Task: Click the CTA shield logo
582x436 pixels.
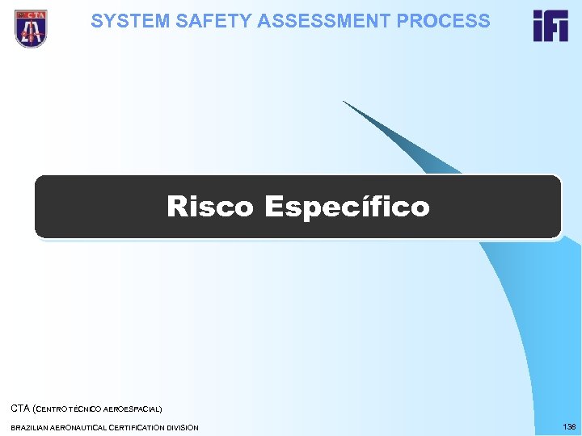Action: point(31,27)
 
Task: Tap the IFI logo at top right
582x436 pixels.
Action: point(550,26)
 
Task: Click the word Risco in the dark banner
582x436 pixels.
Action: point(211,207)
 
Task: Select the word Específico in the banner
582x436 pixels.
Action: point(347,208)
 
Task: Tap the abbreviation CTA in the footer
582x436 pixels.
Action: point(20,409)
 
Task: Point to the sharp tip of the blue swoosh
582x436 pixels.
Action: point(344,102)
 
